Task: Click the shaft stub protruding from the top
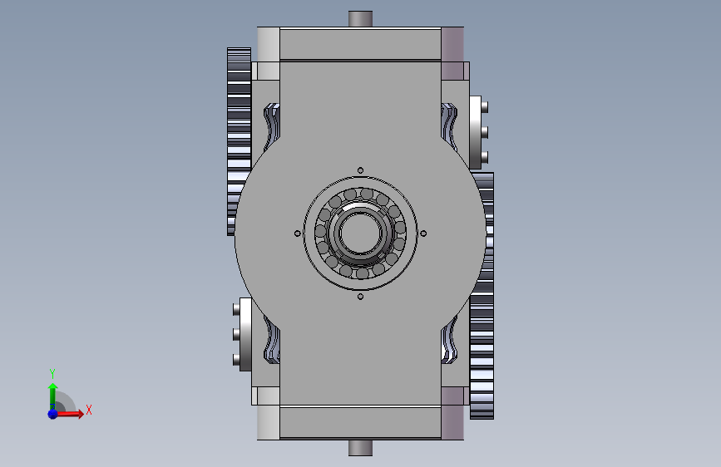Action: pyautogui.click(x=360, y=19)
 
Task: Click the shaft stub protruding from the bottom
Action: pyautogui.click(x=360, y=448)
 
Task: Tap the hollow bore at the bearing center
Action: pyautogui.click(x=361, y=233)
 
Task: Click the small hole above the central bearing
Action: pyautogui.click(x=361, y=170)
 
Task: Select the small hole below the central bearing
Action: pyautogui.click(x=361, y=297)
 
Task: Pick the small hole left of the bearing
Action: pyautogui.click(x=298, y=233)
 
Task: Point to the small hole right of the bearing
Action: pyautogui.click(x=423, y=233)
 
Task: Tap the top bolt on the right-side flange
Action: pyautogui.click(x=484, y=107)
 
